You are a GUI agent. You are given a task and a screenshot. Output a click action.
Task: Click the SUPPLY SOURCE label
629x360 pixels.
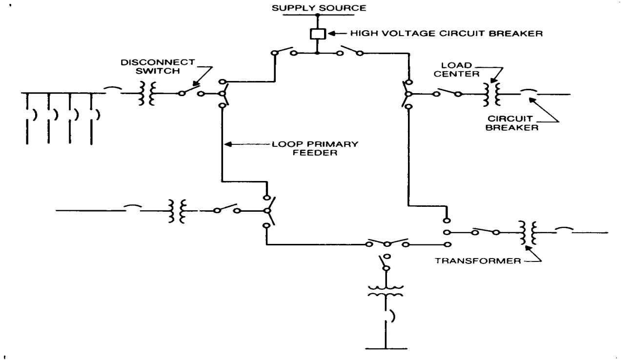tap(319, 8)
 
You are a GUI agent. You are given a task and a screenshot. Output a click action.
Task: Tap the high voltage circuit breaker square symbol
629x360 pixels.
tap(318, 34)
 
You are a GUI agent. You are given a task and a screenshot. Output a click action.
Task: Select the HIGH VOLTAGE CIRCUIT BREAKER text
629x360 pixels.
tap(446, 34)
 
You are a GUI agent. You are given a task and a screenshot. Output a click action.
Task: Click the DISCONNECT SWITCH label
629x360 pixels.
tap(158, 66)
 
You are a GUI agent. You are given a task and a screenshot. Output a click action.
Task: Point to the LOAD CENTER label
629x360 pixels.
tap(456, 70)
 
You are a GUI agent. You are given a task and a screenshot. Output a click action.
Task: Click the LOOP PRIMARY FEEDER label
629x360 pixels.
tap(315, 149)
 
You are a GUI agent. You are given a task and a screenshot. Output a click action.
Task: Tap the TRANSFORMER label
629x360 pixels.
tap(478, 261)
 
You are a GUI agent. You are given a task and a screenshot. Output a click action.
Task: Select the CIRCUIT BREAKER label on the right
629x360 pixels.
tap(512, 123)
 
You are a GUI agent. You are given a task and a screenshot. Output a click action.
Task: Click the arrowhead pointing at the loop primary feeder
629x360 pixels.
tap(228, 144)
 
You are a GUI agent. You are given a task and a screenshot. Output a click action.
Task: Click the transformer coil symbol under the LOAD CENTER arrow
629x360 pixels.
tap(492, 94)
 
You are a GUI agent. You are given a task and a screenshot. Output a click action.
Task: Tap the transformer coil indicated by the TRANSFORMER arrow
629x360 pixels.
tap(528, 233)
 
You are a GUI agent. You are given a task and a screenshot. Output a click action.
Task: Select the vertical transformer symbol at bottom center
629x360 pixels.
tap(386, 291)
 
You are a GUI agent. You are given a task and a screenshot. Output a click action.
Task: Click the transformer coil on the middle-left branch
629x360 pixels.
tap(178, 211)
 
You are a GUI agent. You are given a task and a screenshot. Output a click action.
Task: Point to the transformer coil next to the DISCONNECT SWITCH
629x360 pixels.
tap(147, 94)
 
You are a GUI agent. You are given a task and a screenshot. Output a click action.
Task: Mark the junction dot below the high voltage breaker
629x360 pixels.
tap(317, 53)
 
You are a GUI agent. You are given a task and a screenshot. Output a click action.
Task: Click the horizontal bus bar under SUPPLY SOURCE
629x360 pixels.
tap(318, 15)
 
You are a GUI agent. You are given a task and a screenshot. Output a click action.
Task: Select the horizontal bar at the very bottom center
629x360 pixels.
tap(386, 349)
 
